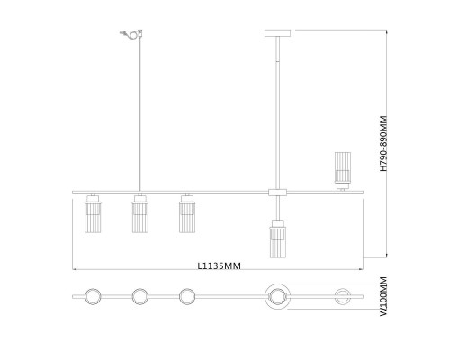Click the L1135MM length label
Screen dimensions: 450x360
point(220,265)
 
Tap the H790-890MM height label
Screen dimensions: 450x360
point(383,144)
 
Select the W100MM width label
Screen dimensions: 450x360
point(383,296)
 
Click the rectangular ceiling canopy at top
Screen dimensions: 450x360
point(278,33)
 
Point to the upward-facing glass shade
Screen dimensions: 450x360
point(343,170)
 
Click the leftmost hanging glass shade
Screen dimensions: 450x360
point(93,214)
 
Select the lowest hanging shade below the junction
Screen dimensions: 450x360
point(278,239)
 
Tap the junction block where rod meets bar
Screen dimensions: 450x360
point(278,193)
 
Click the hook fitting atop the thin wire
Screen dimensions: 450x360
point(131,34)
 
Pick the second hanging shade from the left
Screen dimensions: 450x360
point(140,214)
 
